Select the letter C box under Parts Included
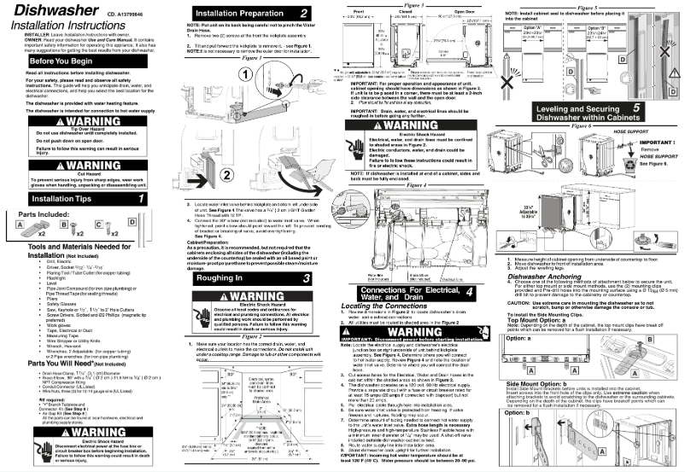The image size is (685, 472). (x=98, y=225)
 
